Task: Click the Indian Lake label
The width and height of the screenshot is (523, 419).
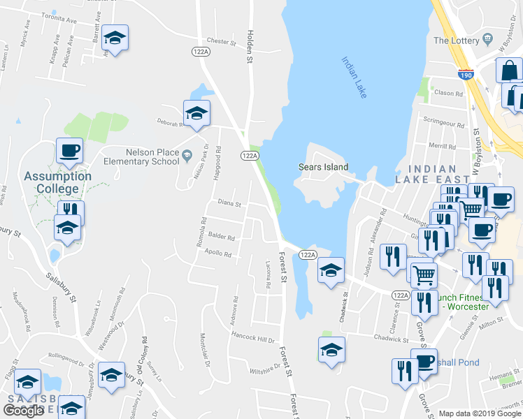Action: pos(354,77)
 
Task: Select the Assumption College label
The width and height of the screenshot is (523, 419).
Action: pos(57,182)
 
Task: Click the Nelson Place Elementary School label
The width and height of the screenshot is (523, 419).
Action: pos(142,156)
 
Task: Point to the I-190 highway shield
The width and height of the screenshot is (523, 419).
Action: pos(466,73)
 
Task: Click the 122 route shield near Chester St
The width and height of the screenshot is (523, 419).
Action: pos(200,52)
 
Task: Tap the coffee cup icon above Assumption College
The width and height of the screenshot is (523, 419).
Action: pos(69,149)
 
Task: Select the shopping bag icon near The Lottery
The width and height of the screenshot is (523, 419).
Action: pos(509,70)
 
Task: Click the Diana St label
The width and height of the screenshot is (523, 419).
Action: pos(229,205)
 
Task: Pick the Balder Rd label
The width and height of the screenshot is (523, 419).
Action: pos(222,237)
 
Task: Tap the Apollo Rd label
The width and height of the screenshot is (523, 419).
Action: pos(218,254)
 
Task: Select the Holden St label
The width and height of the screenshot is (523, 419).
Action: pos(249,47)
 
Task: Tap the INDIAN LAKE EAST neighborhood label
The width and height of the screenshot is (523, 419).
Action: pos(438,174)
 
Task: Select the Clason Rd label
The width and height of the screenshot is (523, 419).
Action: pos(449,94)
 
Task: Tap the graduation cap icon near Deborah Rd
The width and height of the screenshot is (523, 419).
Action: pos(197,112)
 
